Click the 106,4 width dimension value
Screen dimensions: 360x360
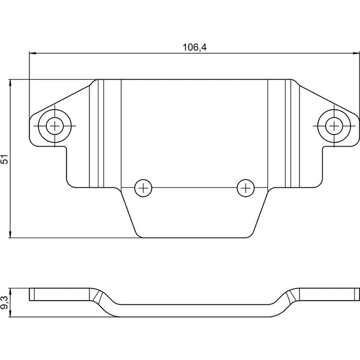(x=194, y=47)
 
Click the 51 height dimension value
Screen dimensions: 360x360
(x=5, y=159)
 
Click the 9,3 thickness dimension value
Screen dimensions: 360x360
(x=5, y=302)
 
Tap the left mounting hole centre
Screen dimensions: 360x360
(x=55, y=126)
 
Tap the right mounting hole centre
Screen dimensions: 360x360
(x=334, y=126)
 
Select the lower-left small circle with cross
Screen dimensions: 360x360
(x=143, y=188)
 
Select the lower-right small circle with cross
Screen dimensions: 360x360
(x=245, y=188)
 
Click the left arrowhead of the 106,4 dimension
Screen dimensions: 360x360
(x=32, y=53)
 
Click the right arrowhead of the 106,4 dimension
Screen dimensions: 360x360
(x=356, y=53)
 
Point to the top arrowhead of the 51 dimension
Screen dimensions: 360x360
(x=10, y=83)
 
